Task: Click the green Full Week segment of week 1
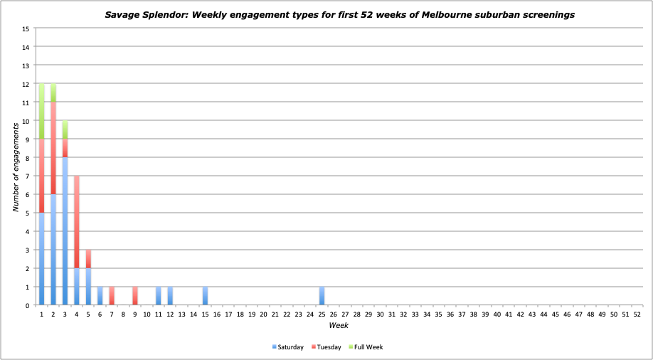pyautogui.click(x=42, y=111)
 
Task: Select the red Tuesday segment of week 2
pyautogui.click(x=53, y=148)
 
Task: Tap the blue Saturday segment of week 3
pyautogui.click(x=65, y=231)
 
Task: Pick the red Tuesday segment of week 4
pyautogui.click(x=77, y=222)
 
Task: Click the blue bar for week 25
pyautogui.click(x=322, y=296)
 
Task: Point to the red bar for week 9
pyautogui.click(x=135, y=296)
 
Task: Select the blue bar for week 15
pyautogui.click(x=206, y=296)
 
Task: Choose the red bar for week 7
pyautogui.click(x=112, y=296)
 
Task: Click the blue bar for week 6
pyautogui.click(x=100, y=296)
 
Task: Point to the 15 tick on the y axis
pyautogui.click(x=26, y=29)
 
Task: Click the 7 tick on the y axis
pyautogui.click(x=28, y=176)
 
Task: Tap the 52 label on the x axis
pyautogui.click(x=637, y=314)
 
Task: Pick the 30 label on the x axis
pyautogui.click(x=380, y=314)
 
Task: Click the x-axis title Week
pyautogui.click(x=339, y=325)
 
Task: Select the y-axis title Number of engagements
pyautogui.click(x=15, y=166)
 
